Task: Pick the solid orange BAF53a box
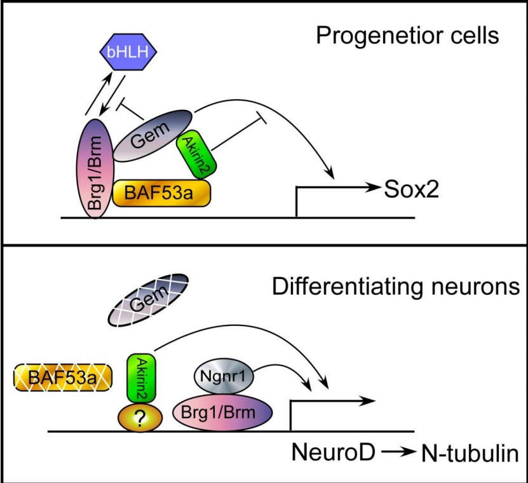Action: pos(161,193)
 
